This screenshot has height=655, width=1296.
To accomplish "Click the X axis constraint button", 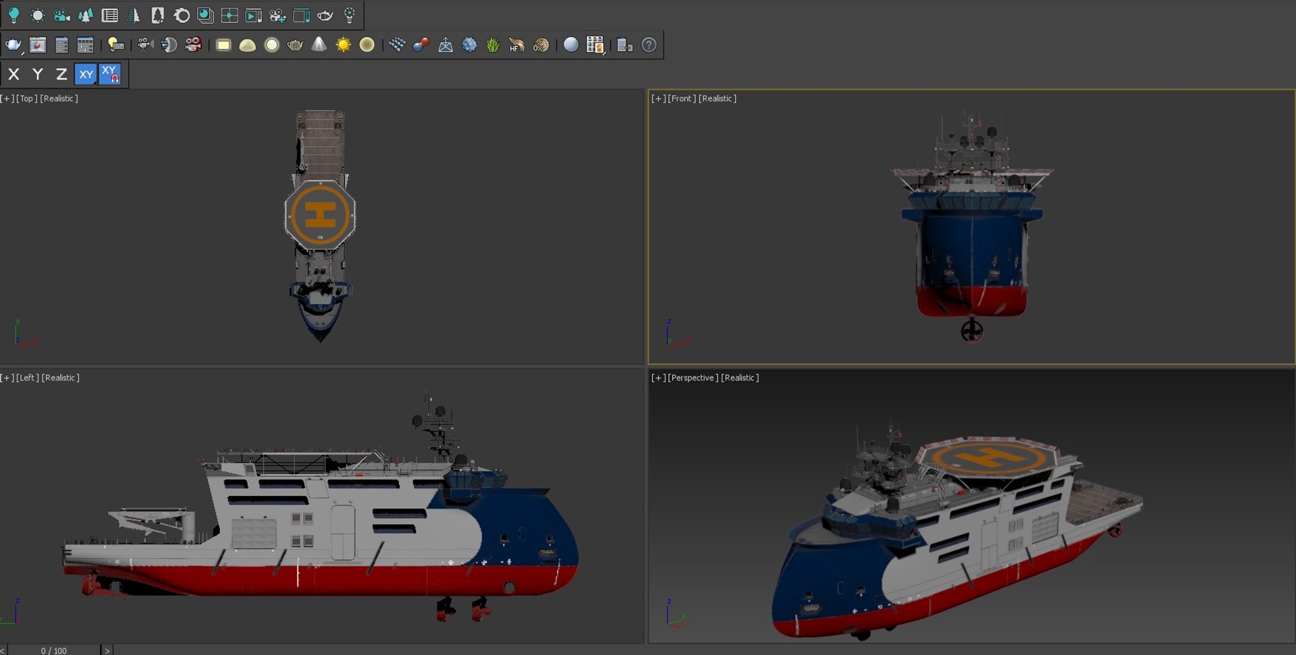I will (13, 74).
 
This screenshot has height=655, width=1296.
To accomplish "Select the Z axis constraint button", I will (61, 74).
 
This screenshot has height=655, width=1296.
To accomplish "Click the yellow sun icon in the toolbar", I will (343, 45).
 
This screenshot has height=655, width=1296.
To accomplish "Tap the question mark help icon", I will (649, 45).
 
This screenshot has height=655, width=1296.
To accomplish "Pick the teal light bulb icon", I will (13, 15).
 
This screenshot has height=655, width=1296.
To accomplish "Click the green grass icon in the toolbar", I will (493, 45).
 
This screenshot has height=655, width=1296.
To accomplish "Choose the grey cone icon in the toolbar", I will (319, 45).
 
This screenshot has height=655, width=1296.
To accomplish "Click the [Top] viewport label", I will (27, 98).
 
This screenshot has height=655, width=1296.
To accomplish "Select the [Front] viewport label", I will (682, 98).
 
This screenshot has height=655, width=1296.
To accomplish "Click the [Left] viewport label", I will (28, 378).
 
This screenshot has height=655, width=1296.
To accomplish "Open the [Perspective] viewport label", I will (693, 378).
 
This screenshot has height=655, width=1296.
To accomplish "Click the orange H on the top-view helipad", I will (320, 215).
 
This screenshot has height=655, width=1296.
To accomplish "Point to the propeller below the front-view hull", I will (972, 331).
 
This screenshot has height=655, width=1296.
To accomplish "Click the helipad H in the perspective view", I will (989, 459).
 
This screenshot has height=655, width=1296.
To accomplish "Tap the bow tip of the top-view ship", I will (321, 339).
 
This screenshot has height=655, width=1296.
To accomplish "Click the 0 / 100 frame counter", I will (54, 650).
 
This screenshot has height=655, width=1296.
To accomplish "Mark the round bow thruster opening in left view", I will (510, 588).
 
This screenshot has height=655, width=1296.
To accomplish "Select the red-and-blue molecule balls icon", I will (421, 45).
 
